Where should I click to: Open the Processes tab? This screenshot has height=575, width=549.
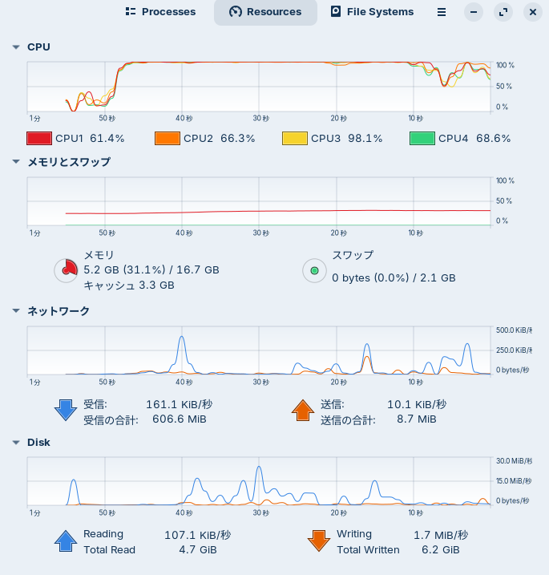(161, 12)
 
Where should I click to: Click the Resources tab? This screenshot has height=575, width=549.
(265, 12)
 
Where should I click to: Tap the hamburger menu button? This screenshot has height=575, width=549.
(442, 12)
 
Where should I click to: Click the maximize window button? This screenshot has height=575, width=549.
(503, 12)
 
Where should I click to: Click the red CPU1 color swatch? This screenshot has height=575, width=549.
(39, 138)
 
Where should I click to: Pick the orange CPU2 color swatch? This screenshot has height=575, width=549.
(167, 138)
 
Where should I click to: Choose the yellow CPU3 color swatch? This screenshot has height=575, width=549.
(294, 138)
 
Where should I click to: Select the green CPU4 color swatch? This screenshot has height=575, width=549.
(422, 138)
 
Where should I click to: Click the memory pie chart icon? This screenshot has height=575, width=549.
(66, 270)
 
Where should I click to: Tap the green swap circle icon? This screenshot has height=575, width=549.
(314, 270)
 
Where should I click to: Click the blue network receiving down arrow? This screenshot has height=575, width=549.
(64, 410)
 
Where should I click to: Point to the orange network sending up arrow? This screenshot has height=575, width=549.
(302, 410)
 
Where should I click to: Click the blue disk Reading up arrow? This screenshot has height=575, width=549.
(64, 541)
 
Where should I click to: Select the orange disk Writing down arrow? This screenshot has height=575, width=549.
(318, 541)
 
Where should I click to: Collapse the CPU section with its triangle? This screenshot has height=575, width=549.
(15, 47)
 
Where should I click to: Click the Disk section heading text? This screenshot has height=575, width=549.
(38, 442)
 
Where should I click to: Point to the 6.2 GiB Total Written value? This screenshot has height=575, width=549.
(440, 550)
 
